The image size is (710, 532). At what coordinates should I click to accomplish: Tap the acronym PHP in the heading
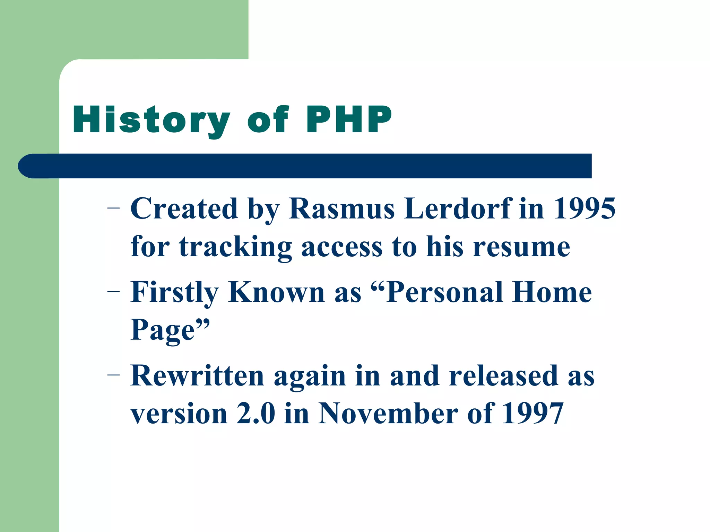tap(349, 119)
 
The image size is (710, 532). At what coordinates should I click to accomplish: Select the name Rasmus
tap(341, 209)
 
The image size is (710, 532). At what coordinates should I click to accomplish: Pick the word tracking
tap(235, 247)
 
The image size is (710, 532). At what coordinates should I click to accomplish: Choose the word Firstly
tap(174, 293)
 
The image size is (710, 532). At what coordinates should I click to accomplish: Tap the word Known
tap(276, 293)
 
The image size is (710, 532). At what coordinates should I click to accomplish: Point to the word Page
tap(163, 330)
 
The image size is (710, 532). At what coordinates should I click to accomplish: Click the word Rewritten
tap(197, 376)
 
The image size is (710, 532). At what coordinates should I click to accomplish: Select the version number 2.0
tap(256, 414)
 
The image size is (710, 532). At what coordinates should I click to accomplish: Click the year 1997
tap(532, 414)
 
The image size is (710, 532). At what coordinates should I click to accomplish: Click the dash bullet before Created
tap(113, 208)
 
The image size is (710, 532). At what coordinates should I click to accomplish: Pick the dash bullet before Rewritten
tap(113, 375)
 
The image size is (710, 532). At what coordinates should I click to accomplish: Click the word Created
tap(184, 209)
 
